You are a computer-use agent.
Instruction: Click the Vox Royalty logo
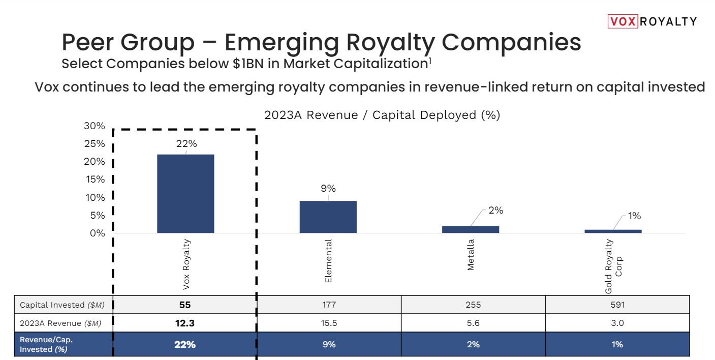652,21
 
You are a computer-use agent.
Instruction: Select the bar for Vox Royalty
185,193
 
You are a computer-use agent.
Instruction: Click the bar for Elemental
328,217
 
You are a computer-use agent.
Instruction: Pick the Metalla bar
471,229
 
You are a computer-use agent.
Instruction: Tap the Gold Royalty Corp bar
613,231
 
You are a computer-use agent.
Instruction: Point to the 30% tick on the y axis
94,126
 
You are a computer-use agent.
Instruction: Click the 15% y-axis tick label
94,179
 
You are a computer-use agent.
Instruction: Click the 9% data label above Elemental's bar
328,188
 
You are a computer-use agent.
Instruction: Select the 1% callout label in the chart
634,216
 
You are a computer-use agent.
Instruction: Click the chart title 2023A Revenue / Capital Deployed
382,115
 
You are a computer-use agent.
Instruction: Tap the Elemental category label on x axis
328,261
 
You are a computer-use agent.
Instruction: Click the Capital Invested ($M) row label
62,305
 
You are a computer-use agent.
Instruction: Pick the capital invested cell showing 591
617,305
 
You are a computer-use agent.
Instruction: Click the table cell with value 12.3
185,323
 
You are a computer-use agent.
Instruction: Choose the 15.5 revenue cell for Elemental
329,323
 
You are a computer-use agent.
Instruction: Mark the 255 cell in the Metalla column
473,305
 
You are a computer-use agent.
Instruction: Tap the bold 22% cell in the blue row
185,344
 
